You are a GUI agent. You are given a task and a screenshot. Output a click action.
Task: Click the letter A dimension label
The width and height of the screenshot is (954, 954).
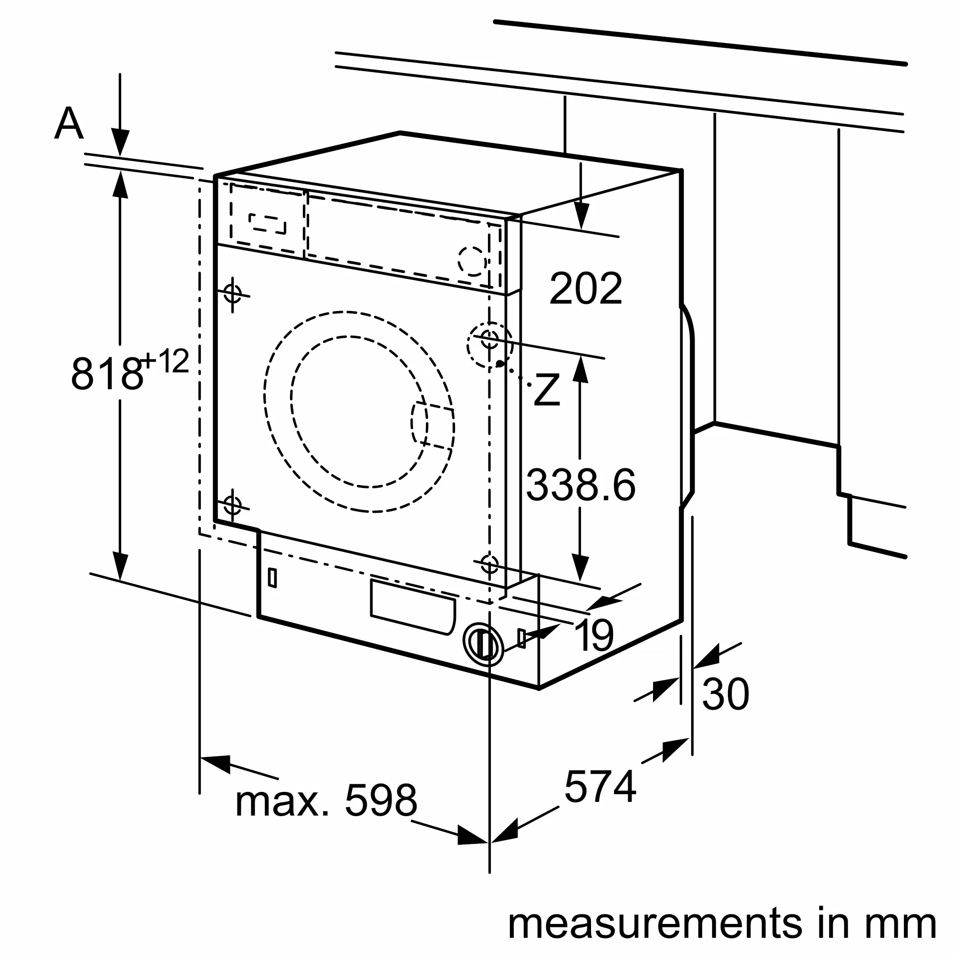coord(69,124)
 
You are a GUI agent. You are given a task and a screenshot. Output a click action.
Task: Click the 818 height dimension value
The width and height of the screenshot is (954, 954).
coord(106,374)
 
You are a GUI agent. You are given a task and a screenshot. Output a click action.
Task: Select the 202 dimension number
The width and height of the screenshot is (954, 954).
coord(585,289)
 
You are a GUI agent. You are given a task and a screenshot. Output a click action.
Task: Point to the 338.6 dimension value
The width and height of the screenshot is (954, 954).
coord(581,486)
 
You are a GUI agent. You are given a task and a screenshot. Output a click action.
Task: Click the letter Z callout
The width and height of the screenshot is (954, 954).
coord(547,390)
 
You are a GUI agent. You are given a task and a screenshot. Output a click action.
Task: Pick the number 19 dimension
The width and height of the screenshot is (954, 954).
coord(594,635)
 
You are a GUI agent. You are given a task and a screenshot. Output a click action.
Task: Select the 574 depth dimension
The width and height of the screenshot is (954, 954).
coord(600,787)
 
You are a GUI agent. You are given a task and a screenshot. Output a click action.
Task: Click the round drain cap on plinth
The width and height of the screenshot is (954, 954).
coord(483,643)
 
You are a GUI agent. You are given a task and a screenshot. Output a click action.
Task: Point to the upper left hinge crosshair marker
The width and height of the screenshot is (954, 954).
coord(233,293)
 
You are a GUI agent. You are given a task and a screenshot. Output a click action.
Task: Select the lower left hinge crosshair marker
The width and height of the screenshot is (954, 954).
coord(233,505)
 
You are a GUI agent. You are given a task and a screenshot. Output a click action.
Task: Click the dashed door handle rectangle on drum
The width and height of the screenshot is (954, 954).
coord(433,425)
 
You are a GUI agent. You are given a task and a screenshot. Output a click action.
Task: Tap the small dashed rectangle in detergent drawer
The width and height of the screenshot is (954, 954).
coord(267,224)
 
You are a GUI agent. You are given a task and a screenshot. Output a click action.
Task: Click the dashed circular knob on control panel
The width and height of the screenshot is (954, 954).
coord(472,261)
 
